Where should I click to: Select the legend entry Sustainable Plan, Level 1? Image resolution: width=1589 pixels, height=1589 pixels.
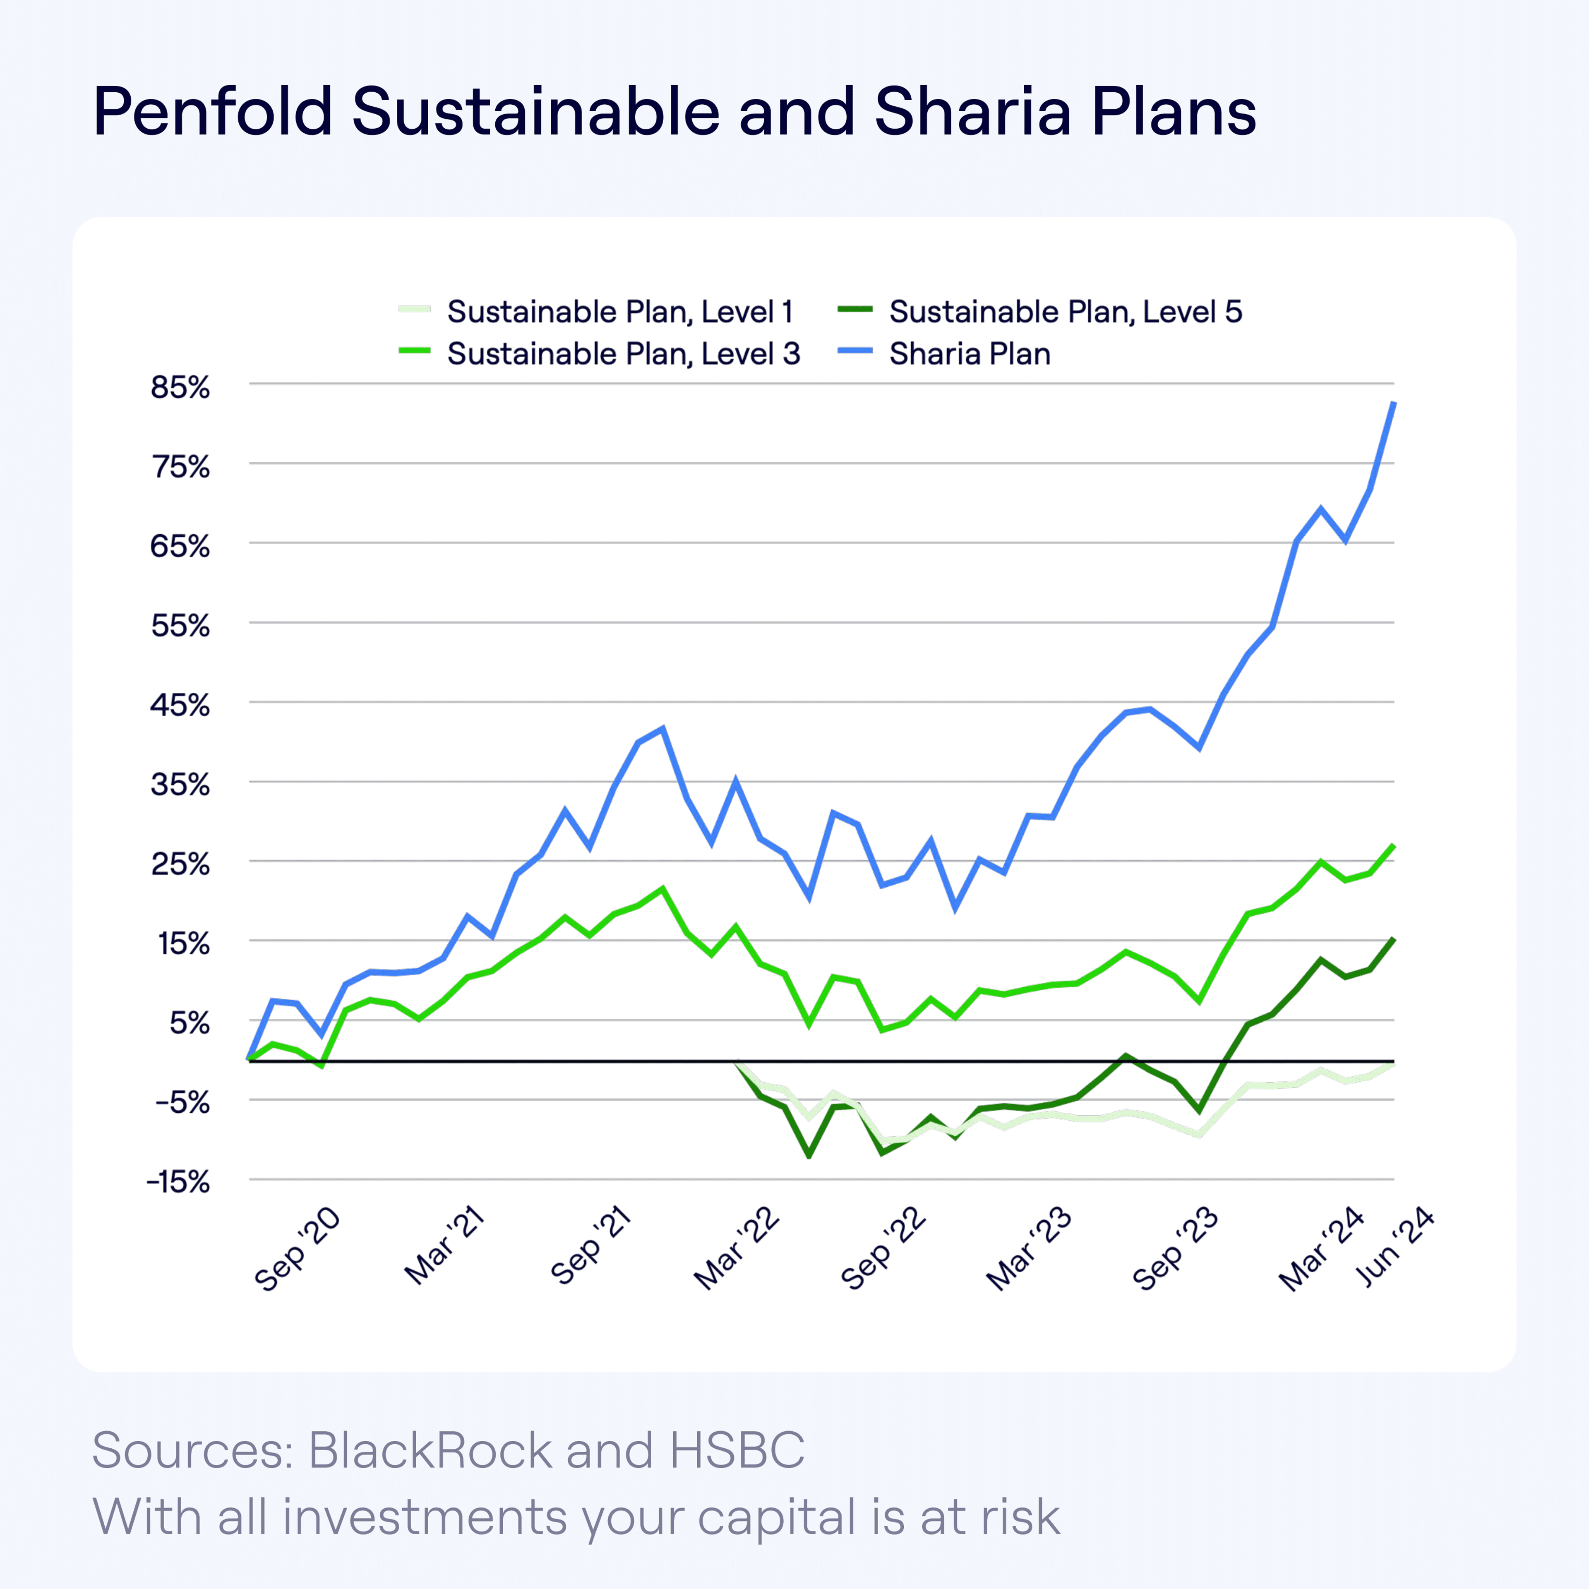(x=619, y=312)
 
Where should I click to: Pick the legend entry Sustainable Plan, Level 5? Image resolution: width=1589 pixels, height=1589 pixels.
(x=1065, y=312)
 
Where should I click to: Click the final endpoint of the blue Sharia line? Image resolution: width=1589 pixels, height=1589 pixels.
(x=1393, y=403)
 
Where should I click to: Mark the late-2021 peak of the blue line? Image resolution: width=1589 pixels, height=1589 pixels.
(x=663, y=728)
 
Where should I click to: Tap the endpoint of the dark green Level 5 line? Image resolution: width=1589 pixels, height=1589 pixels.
(x=1393, y=939)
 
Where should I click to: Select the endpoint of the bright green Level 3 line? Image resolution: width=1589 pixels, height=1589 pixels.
(x=1393, y=845)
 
